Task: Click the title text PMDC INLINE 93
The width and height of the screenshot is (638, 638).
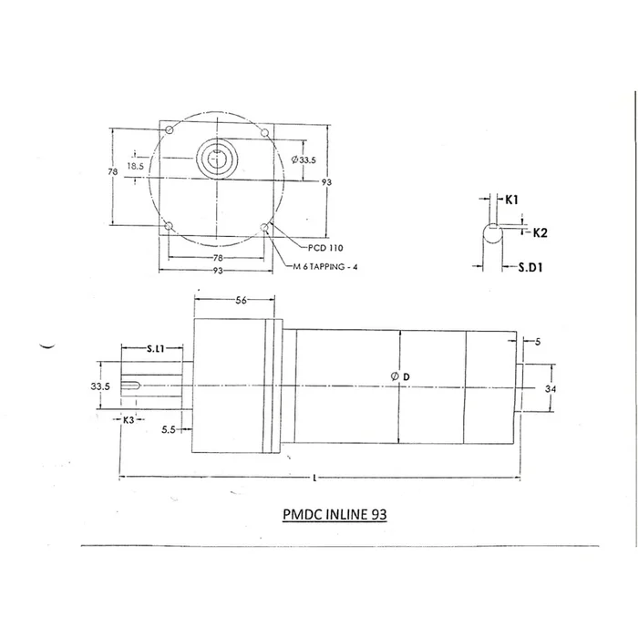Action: (x=335, y=514)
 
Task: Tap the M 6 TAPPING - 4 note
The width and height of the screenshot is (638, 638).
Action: (x=332, y=266)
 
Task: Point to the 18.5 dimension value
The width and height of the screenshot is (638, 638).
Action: (x=136, y=166)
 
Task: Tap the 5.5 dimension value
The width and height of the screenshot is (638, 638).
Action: (x=169, y=428)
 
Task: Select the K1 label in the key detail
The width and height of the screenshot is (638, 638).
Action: (x=511, y=199)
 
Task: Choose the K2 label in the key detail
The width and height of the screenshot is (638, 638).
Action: (x=539, y=233)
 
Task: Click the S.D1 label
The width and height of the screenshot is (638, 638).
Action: (x=531, y=268)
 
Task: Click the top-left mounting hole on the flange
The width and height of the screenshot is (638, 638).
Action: (x=169, y=132)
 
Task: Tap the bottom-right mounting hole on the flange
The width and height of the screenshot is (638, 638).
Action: (x=264, y=227)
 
